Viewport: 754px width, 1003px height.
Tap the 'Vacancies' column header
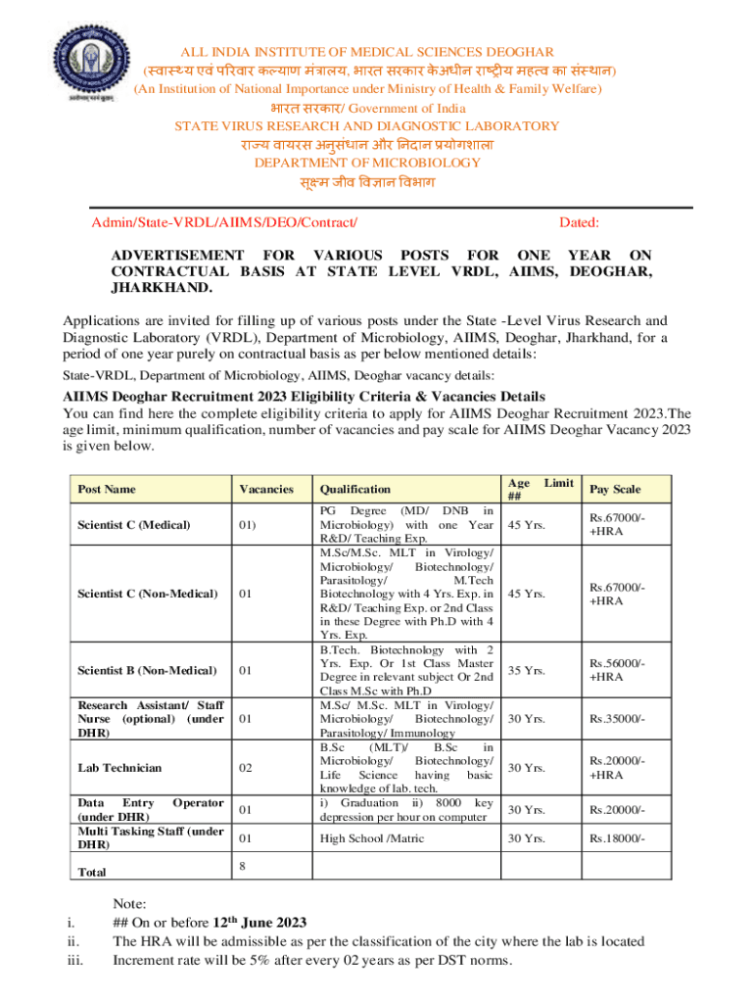click(x=265, y=489)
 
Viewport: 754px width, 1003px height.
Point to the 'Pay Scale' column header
click(x=614, y=489)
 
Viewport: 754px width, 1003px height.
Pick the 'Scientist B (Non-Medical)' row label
click(x=147, y=670)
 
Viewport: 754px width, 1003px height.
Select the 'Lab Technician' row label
click(x=119, y=768)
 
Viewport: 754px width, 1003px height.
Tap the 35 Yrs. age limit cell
click(x=526, y=670)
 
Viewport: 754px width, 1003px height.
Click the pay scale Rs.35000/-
click(x=615, y=719)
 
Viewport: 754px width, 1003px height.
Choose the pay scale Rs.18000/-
click(x=615, y=838)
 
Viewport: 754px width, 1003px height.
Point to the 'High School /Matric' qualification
click(x=371, y=838)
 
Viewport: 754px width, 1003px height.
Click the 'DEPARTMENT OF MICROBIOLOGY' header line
click(x=367, y=163)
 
